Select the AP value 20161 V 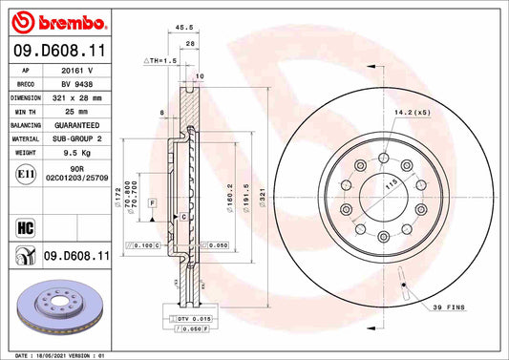point(76,70)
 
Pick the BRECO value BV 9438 point(76,83)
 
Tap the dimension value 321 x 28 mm point(76,97)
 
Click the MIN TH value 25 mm point(76,111)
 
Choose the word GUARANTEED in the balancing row point(76,125)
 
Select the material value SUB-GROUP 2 point(76,138)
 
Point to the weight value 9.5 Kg point(76,152)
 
